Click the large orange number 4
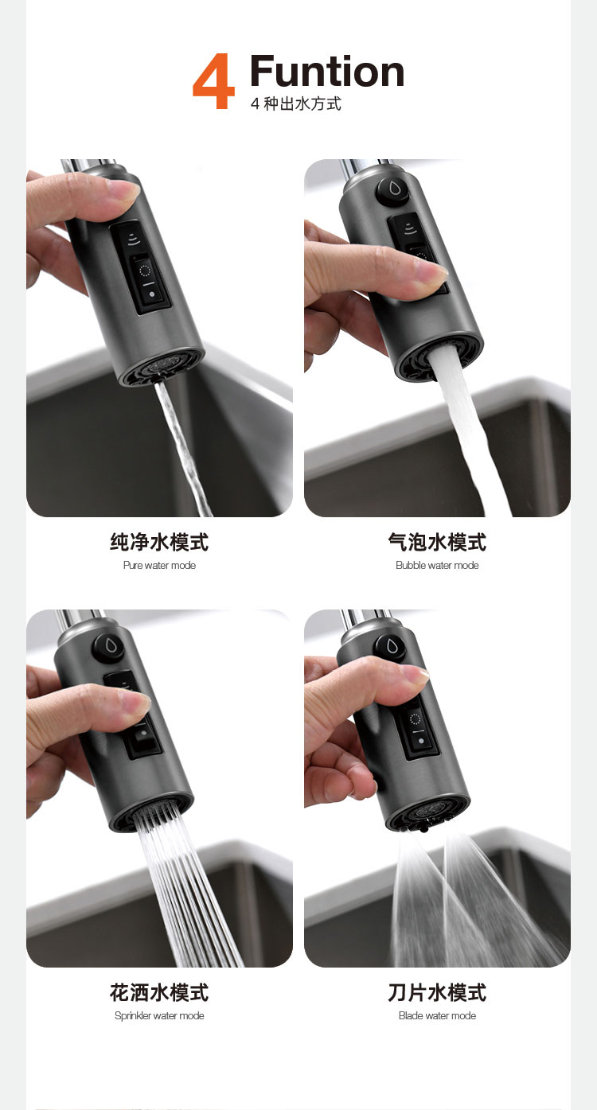coord(213,81)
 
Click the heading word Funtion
coord(327,71)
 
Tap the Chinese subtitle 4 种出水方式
coord(295,103)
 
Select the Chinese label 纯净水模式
coord(159,542)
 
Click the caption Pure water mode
coord(159,566)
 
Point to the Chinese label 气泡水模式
coord(437,542)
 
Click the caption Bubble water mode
coord(437,566)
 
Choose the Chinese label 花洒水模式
coord(159,992)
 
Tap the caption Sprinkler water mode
coord(159,1016)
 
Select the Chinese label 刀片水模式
coord(437,992)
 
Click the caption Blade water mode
coord(437,1016)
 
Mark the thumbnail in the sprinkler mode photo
coord(135,703)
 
